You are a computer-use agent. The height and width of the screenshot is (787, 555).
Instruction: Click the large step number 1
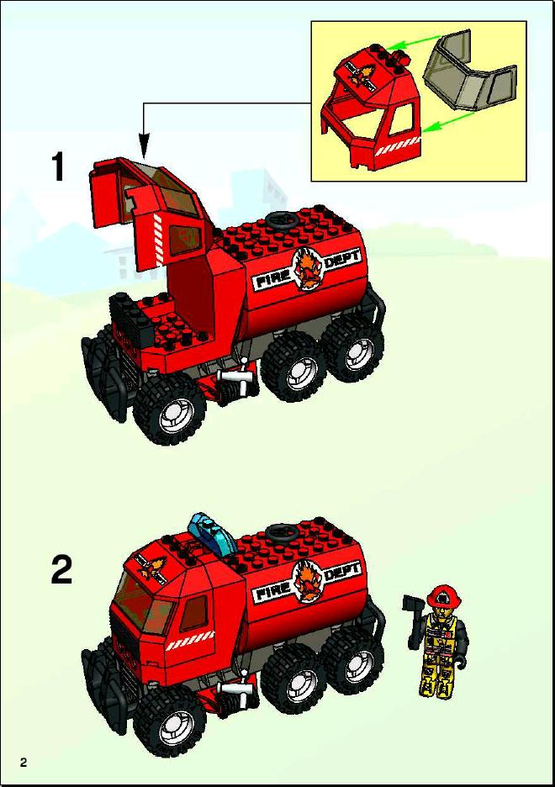(58, 166)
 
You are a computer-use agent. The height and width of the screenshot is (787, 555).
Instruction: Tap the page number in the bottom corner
(23, 763)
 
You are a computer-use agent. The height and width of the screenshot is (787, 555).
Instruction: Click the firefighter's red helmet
(444, 595)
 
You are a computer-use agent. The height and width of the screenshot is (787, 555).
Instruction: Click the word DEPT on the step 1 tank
(343, 261)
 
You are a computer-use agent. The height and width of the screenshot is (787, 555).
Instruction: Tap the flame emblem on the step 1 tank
(307, 270)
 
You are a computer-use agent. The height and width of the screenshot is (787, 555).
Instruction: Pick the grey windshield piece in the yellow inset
(469, 70)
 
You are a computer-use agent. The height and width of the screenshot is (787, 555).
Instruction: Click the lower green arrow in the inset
(448, 123)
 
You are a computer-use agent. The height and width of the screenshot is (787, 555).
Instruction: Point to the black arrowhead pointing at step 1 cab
(144, 145)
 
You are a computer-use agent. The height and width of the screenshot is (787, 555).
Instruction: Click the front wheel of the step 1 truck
(170, 409)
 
